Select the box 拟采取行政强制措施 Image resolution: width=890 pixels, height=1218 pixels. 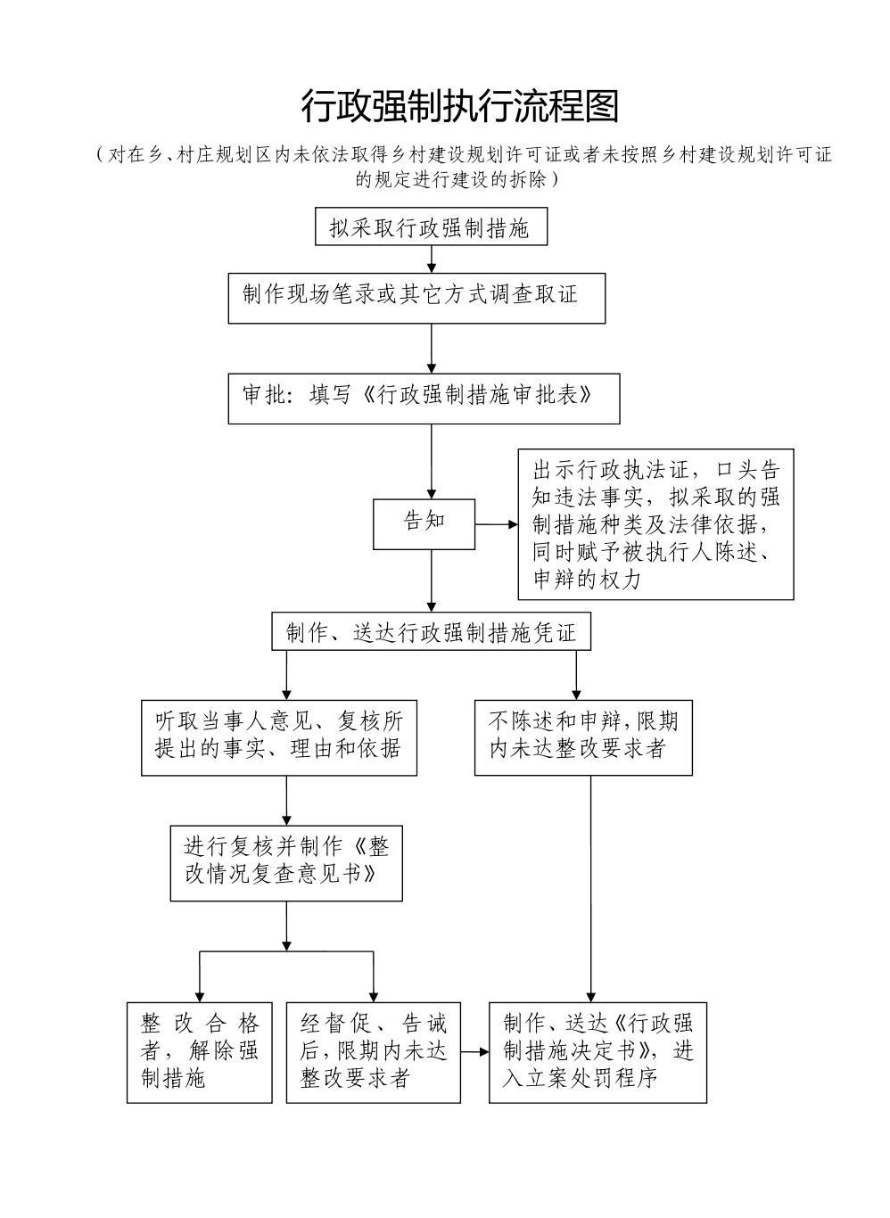coord(431,227)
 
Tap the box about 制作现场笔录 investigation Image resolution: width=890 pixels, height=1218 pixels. coord(416,298)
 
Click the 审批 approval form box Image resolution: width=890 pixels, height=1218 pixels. coord(424,398)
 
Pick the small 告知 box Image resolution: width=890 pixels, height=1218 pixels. coord(424,523)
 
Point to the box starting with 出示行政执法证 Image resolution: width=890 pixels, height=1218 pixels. coord(655,523)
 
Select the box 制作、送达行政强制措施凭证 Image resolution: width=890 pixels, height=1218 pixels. coord(431,633)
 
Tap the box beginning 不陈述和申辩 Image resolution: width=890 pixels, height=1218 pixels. coord(583,737)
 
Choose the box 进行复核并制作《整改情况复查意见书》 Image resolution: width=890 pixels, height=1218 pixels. coord(286,862)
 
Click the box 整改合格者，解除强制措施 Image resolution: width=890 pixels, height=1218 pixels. coord(199,1052)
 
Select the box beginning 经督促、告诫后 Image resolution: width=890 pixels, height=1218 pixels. coord(373,1052)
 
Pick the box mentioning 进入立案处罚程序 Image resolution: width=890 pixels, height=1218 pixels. coord(597,1052)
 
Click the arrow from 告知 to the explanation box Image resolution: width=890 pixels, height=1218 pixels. coord(496,524)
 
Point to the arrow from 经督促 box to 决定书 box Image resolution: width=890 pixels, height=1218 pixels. coord(475,1052)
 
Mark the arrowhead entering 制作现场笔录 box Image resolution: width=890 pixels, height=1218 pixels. coord(432,267)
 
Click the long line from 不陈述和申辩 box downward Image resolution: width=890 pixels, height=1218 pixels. coord(590,883)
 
